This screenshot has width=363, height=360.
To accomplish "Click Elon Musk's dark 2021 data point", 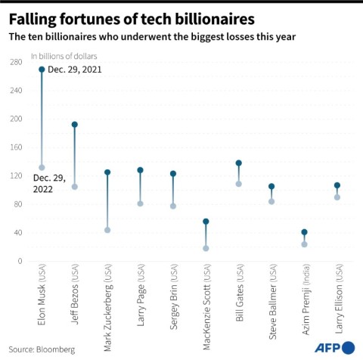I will (x=42, y=70).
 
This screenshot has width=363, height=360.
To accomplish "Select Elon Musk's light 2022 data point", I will (x=42, y=167).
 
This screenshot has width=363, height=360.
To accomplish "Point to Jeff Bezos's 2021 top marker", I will (x=74, y=125).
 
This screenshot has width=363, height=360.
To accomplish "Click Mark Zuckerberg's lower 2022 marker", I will (x=107, y=230).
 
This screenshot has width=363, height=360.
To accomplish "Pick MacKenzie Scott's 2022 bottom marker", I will (x=206, y=248).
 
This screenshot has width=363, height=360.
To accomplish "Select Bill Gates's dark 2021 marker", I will (x=239, y=163).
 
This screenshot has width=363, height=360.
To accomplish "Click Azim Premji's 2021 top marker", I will (x=304, y=232).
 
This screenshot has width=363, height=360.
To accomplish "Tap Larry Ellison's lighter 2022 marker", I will (x=337, y=197).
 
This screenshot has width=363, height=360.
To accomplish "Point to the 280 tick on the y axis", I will (x=16, y=62).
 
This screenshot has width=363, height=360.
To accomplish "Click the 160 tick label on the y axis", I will (x=16, y=147).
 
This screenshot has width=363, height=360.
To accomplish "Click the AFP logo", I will (x=335, y=346).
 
